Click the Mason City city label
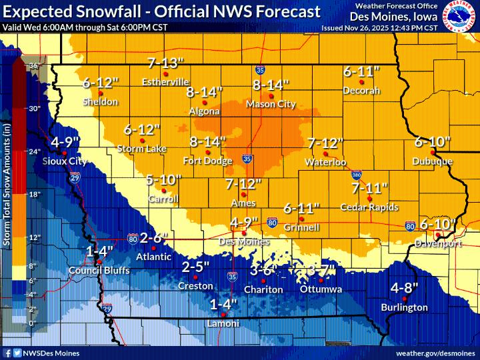(x=270, y=104)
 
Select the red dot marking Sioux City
(x=61, y=153)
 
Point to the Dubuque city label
(x=432, y=161)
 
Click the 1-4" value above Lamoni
(x=223, y=305)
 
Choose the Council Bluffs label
(x=99, y=271)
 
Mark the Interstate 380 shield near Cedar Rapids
(x=357, y=175)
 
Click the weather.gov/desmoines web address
(x=433, y=352)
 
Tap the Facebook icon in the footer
(x=7, y=352)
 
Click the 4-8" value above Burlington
(x=404, y=288)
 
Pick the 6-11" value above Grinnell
(x=300, y=209)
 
